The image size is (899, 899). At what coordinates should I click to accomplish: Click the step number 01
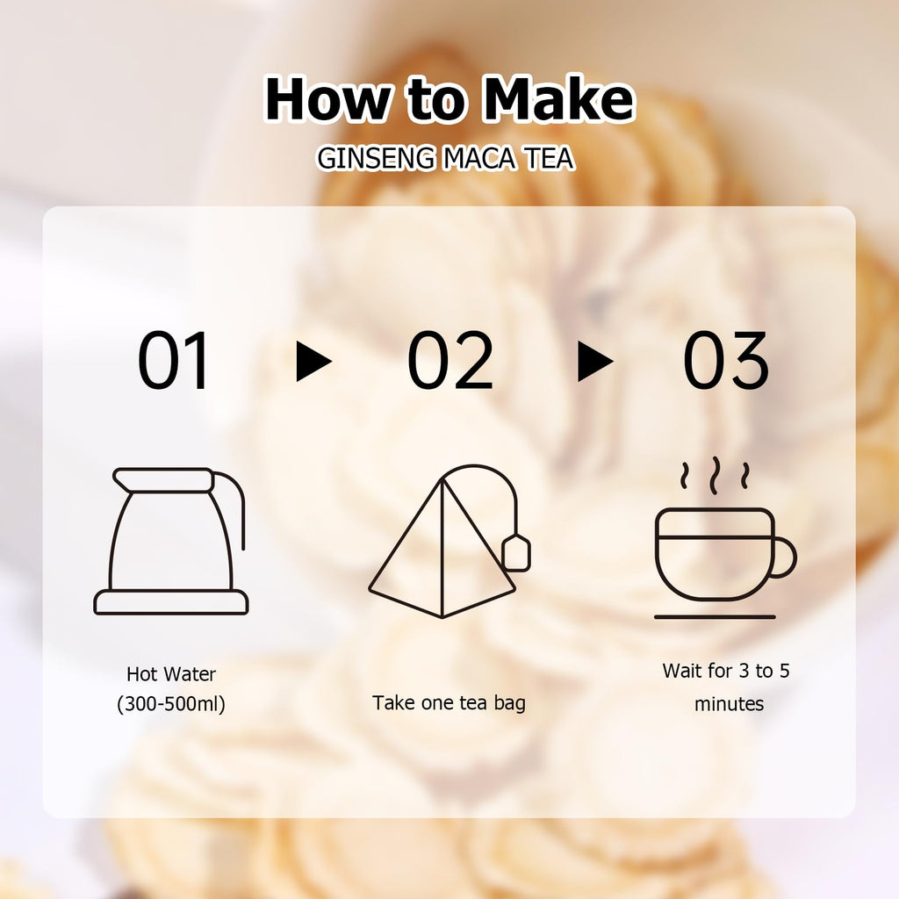pyautogui.click(x=173, y=360)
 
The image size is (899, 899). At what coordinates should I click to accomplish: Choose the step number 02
pyautogui.click(x=450, y=360)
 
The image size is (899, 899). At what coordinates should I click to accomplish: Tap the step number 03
pyautogui.click(x=725, y=360)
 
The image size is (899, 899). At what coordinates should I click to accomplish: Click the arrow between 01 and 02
pyautogui.click(x=313, y=361)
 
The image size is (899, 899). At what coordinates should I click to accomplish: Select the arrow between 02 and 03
pyautogui.click(x=595, y=361)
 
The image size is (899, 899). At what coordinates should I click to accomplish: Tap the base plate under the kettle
pyautogui.click(x=171, y=602)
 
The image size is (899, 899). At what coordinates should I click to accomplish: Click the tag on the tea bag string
pyautogui.click(x=516, y=553)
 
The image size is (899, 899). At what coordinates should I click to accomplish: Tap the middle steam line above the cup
pyautogui.click(x=715, y=476)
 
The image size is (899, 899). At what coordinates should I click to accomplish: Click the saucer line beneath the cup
pyautogui.click(x=715, y=617)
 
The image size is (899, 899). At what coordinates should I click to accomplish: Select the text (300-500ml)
pyautogui.click(x=171, y=703)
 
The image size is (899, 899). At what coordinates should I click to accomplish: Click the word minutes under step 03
pyautogui.click(x=729, y=703)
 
